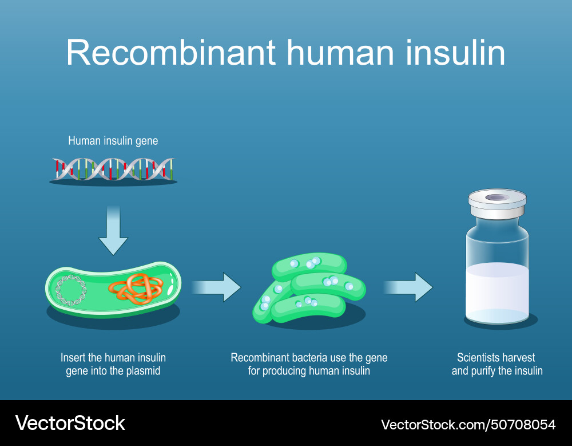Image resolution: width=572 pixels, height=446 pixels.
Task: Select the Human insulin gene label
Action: (113, 141)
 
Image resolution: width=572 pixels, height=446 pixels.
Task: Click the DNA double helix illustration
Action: (113, 169)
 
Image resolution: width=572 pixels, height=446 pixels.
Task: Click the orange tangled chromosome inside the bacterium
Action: (136, 288)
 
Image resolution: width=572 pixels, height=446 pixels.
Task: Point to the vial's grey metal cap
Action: (496, 203)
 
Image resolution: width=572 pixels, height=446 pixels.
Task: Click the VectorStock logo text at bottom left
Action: (70, 423)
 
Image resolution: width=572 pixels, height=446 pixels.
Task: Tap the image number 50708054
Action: (525, 424)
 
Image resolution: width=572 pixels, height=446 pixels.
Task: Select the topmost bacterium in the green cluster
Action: (309, 264)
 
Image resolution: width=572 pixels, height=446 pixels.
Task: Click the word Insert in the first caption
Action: (73, 358)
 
